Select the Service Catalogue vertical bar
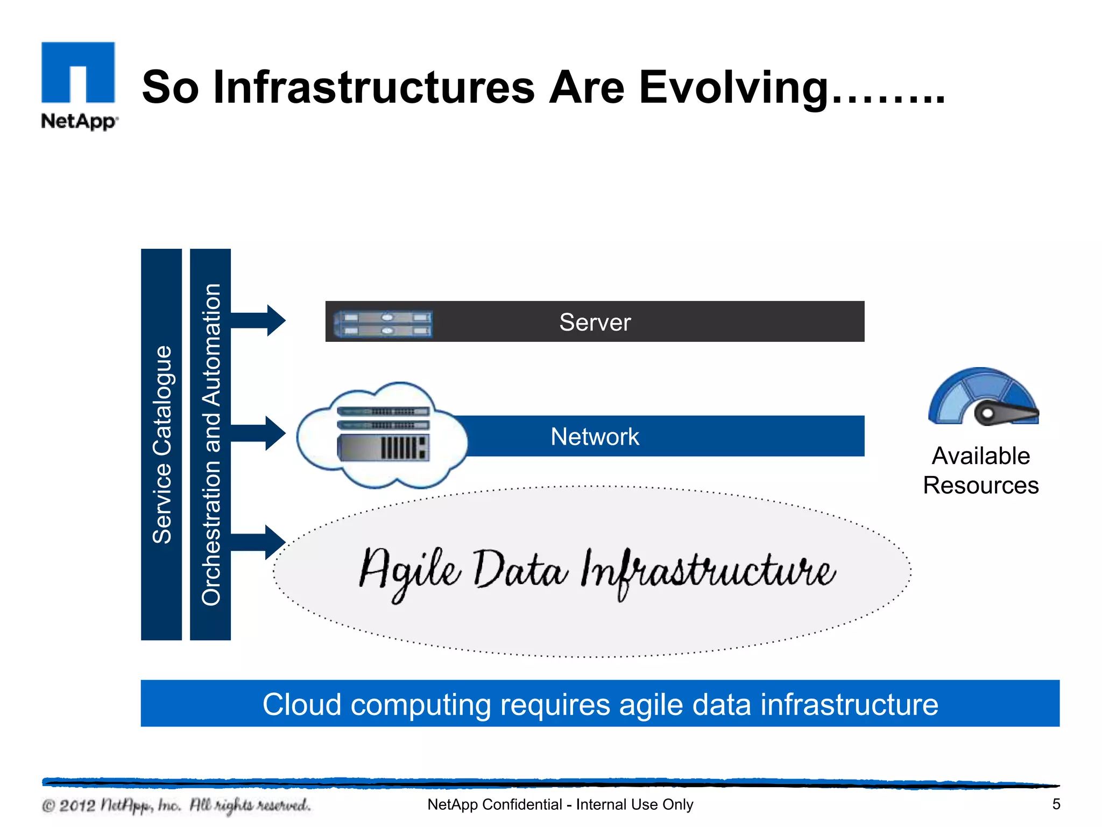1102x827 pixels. pos(161,444)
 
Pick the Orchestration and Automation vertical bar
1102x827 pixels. pos(210,444)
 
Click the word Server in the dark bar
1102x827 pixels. pos(595,322)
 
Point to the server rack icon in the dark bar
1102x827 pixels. pos(383,324)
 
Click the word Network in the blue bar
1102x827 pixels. pos(595,437)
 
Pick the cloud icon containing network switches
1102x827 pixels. pos(382,436)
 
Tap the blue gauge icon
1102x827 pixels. pos(984,397)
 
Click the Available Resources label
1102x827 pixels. pos(980,471)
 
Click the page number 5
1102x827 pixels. pos(1056,804)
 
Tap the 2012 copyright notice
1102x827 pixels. pos(176,805)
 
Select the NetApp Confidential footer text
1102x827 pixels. pos(560,804)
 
